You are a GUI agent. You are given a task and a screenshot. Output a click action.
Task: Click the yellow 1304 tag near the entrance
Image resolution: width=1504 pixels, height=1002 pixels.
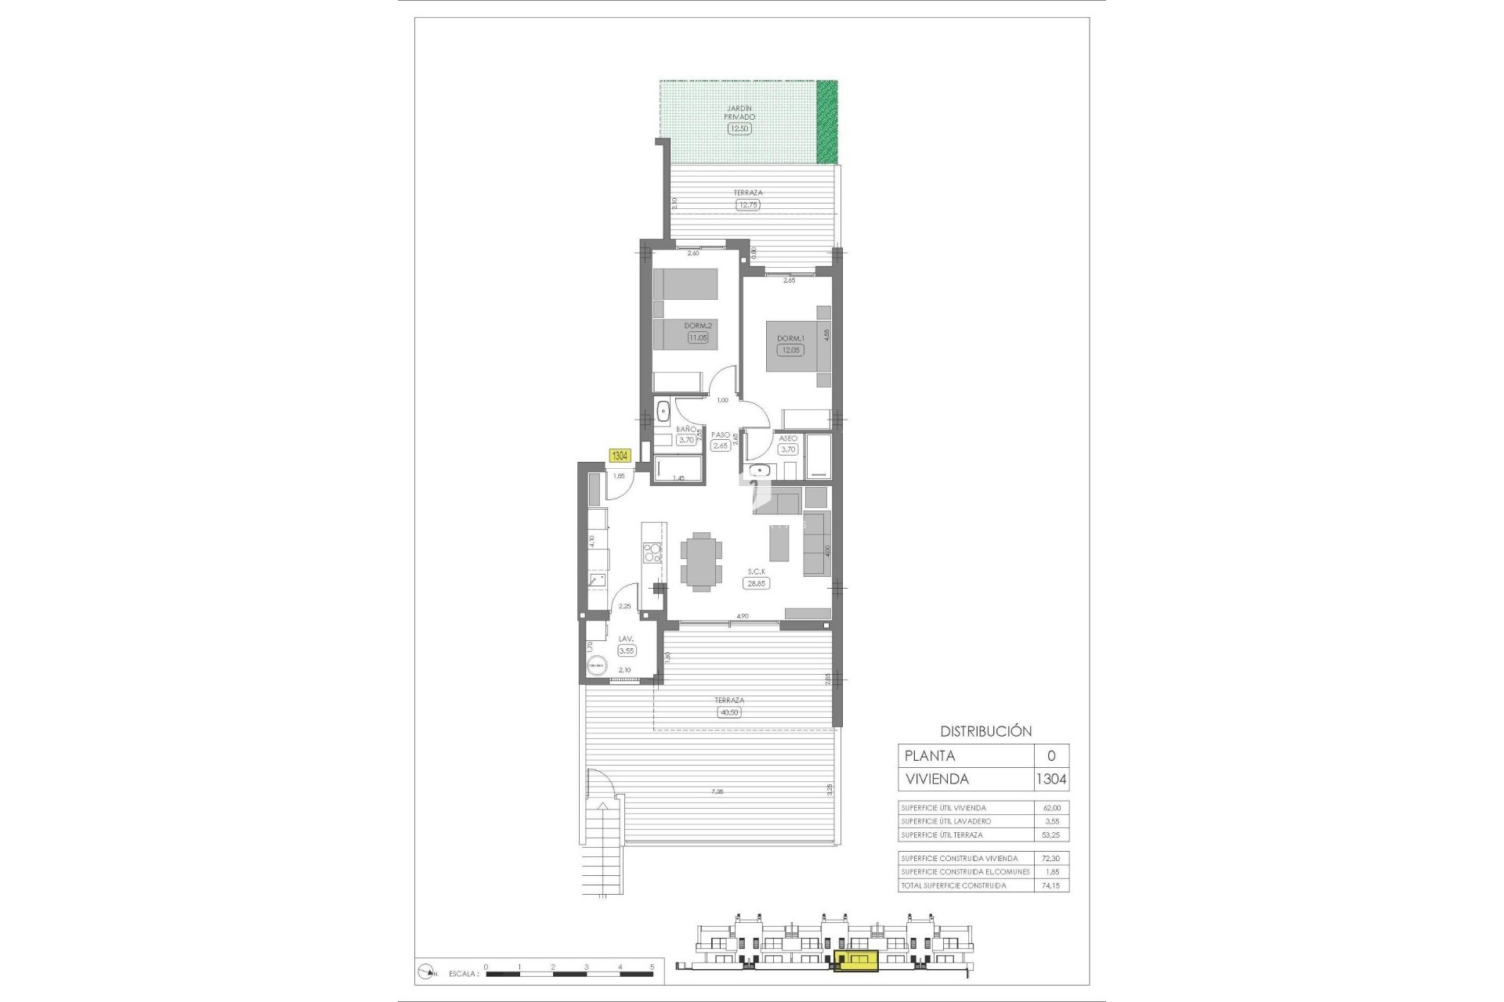click(x=620, y=456)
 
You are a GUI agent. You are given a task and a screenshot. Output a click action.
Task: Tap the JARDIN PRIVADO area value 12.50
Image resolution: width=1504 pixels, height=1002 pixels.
click(x=739, y=128)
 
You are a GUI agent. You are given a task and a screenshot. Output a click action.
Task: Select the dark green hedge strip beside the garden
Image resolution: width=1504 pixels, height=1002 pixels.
click(x=826, y=121)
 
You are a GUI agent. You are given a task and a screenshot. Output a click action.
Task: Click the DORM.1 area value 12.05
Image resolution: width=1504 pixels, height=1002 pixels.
click(x=790, y=350)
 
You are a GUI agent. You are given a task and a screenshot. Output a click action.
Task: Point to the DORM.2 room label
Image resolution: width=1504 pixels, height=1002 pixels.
click(x=697, y=326)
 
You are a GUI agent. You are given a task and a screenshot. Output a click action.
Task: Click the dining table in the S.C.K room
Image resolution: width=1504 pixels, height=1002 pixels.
click(x=700, y=560)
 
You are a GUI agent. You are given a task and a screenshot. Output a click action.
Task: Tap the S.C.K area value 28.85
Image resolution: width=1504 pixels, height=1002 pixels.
click(x=756, y=583)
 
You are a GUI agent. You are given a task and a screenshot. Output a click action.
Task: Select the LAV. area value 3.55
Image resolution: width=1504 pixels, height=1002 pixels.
click(x=627, y=651)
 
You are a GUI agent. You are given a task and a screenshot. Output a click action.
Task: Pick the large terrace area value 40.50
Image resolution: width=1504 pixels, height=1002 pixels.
click(x=728, y=712)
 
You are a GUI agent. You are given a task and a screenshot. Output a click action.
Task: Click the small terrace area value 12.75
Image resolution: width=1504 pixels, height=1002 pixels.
click(x=747, y=205)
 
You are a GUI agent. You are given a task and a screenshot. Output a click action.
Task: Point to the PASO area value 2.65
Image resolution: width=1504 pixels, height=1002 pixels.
click(x=720, y=445)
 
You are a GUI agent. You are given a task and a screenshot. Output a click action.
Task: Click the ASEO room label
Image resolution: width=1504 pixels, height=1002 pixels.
click(x=788, y=438)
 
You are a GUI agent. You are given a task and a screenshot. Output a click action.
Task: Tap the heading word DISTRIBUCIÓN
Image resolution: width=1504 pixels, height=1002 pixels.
click(x=985, y=731)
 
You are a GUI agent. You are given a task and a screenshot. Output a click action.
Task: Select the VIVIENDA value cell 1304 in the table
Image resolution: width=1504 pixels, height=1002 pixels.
click(x=1050, y=779)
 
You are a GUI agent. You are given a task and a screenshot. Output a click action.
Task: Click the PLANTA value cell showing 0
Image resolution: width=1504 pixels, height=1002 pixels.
click(x=1050, y=755)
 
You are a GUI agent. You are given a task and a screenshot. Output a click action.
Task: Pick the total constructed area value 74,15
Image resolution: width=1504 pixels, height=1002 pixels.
click(x=1050, y=885)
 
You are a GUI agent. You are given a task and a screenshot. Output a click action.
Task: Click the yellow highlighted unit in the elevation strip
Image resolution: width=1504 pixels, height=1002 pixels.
click(x=856, y=960)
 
